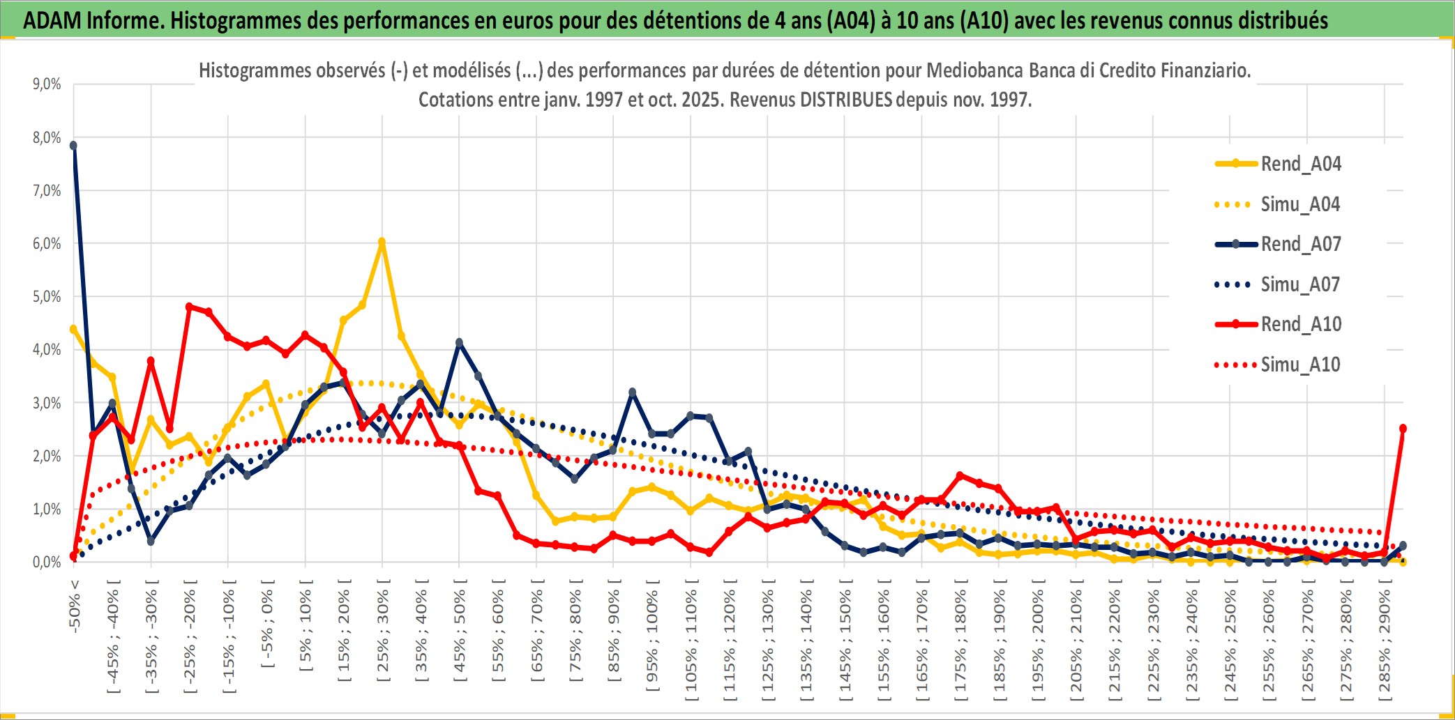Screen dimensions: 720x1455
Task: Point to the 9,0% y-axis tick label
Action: click(x=47, y=84)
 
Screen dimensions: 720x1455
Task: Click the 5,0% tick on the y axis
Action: click(x=47, y=297)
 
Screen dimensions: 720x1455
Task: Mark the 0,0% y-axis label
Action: click(x=47, y=562)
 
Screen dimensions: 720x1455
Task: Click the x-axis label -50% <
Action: click(x=75, y=606)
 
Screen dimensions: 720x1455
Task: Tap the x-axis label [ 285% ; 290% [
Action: click(x=1385, y=645)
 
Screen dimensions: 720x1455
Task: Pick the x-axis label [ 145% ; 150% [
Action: click(x=845, y=645)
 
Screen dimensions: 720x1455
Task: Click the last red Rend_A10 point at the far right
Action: click(x=1403, y=429)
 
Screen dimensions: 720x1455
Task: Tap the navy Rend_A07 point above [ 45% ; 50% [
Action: click(x=459, y=343)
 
